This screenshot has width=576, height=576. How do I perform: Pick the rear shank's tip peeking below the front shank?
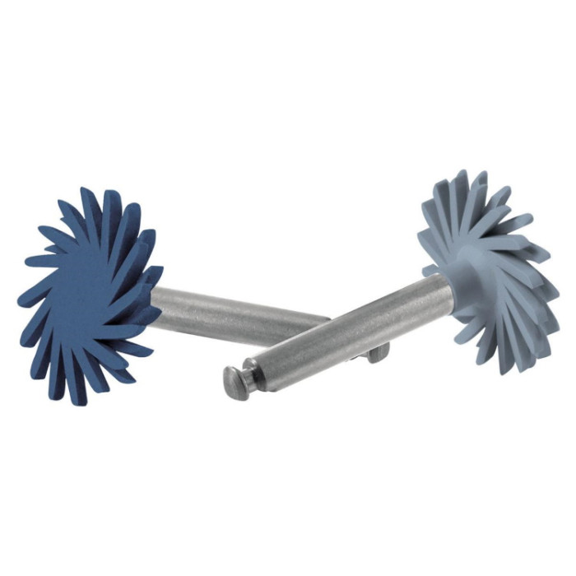pyautogui.click(x=378, y=354)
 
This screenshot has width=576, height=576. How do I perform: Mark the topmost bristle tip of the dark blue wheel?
pyautogui.click(x=86, y=190)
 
